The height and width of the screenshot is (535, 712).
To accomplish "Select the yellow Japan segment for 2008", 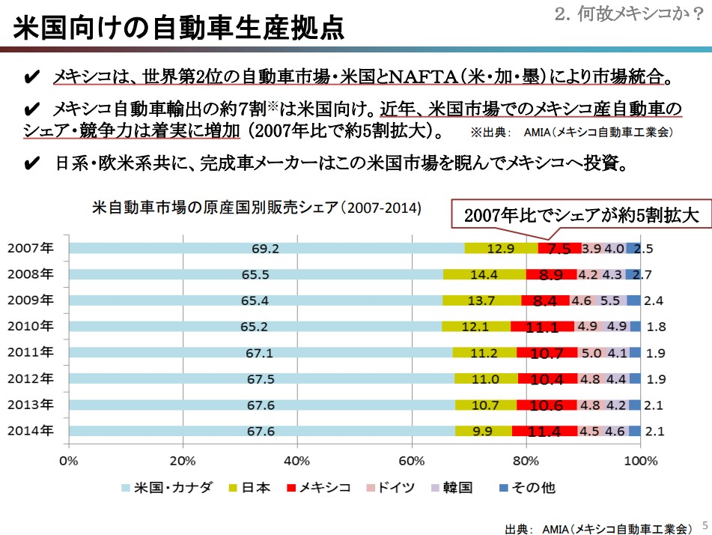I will point(484,274).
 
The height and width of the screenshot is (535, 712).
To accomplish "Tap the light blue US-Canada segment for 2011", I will point(260,353).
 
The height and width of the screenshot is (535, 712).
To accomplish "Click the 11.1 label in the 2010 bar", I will point(542,327).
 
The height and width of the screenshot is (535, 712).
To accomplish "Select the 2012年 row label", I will point(31,378).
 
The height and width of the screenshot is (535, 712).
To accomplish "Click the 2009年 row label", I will point(31,300).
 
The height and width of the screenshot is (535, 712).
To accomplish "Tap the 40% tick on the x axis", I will point(297,460).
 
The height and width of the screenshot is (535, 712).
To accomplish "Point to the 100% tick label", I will point(639,460).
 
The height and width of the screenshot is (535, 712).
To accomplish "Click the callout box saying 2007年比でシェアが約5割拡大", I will point(580,216).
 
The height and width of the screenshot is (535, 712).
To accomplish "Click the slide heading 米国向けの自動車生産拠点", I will point(180,28).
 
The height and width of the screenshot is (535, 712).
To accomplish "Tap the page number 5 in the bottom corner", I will point(704,525).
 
